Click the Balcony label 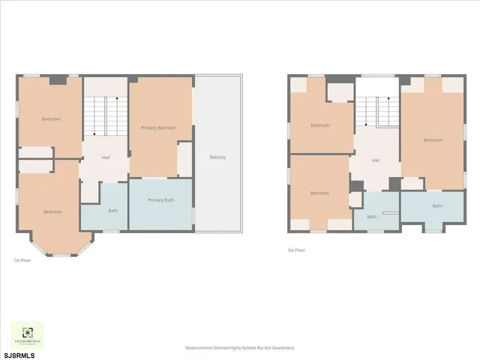[217, 157]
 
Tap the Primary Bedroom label [158, 128]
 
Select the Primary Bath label [160, 200]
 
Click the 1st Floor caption [22, 260]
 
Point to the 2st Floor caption [296, 250]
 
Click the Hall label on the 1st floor [106, 157]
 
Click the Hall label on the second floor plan [375, 160]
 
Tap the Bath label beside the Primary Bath [113, 211]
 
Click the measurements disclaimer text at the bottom [240, 348]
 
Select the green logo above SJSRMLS [27, 334]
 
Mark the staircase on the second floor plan [376, 112]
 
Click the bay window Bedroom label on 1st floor [52, 212]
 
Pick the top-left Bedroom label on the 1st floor [51, 119]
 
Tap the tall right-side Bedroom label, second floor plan [433, 140]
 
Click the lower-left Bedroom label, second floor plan [319, 193]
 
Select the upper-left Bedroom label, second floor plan [320, 125]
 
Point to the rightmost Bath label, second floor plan [436, 205]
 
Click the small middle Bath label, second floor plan [371, 217]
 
